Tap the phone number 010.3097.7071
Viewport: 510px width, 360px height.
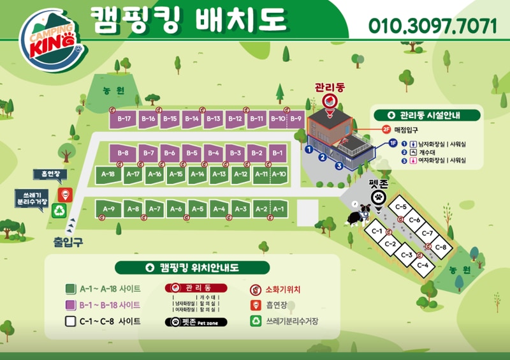coord(432,26)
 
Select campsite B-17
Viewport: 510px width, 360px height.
coord(124,119)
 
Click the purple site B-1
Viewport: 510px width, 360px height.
coord(277,153)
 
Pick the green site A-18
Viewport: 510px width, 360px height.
coord(108,174)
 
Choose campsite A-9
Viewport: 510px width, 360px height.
coord(109,209)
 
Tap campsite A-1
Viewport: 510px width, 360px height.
coord(278,209)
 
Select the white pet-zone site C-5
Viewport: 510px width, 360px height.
coord(401,207)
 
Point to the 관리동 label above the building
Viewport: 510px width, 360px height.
coord(330,87)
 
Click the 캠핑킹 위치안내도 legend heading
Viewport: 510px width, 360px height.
coord(192,267)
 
